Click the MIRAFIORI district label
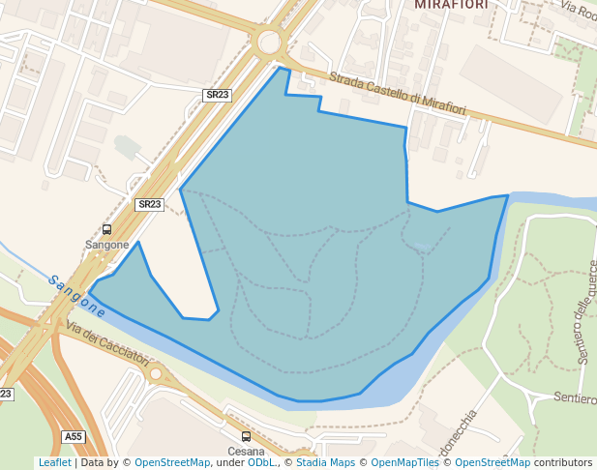[450, 5]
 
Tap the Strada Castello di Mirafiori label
[397, 94]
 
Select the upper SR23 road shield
[218, 95]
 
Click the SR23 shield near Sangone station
[149, 204]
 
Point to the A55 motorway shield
[74, 437]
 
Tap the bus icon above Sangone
[106, 230]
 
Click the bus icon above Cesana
[246, 437]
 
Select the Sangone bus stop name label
[106, 245]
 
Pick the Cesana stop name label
[246, 452]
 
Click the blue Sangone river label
[77, 296]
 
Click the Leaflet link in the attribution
[54, 463]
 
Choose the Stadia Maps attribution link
[325, 463]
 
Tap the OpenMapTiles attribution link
[405, 463]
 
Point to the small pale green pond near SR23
[127, 147]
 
